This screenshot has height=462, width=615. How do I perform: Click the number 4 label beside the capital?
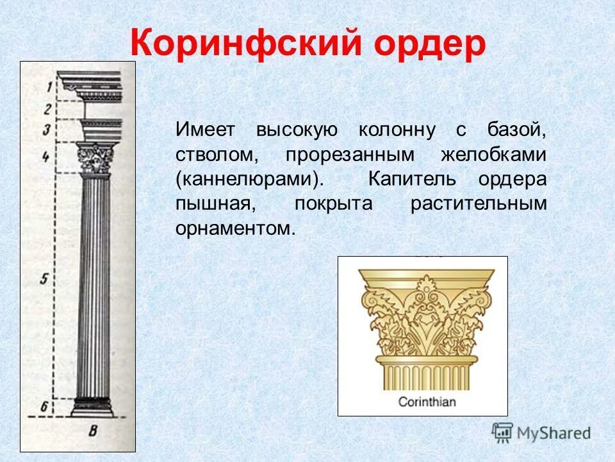(45, 156)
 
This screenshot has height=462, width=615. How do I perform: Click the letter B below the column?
(93, 431)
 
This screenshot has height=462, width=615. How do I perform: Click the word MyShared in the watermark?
(553, 433)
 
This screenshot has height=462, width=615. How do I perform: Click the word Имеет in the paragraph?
(206, 130)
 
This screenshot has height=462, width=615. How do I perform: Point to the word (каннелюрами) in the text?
(247, 179)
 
